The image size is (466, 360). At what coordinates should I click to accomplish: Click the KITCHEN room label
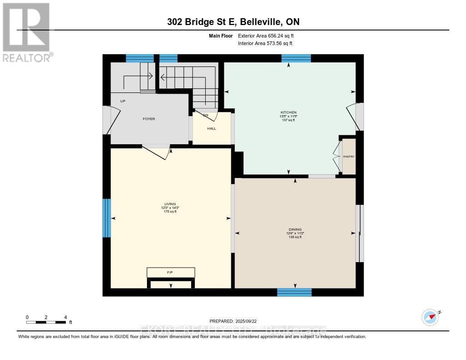288,112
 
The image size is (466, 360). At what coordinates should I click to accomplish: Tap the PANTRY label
349,157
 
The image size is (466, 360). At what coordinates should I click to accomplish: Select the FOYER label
149,119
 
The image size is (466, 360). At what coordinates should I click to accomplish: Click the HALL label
212,128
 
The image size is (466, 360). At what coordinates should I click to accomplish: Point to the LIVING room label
170,204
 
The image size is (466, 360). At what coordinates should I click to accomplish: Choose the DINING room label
294,229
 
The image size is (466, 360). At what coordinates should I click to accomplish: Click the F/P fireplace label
170,272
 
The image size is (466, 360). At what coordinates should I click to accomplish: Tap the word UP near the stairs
123,101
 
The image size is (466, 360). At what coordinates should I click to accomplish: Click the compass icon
430,317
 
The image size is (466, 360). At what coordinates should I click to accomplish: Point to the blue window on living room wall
106,218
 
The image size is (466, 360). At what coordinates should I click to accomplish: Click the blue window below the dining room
294,292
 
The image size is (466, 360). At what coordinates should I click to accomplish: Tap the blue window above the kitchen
296,58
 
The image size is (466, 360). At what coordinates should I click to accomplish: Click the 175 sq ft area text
170,212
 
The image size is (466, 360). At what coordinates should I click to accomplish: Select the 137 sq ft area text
288,120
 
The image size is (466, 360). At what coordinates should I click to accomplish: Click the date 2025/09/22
249,321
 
